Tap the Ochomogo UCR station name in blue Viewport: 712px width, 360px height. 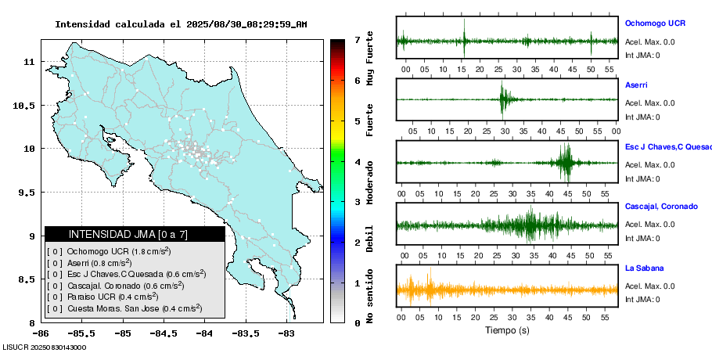pyautogui.click(x=655, y=23)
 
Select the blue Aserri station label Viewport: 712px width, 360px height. pyautogui.click(x=636, y=85)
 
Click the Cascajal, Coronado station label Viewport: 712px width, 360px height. pyautogui.click(x=661, y=207)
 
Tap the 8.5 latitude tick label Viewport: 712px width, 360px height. pyautogui.click(x=26, y=279)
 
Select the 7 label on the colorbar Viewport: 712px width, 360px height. pyautogui.click(x=357, y=39)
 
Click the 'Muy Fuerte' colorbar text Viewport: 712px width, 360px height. pyautogui.click(x=370, y=58)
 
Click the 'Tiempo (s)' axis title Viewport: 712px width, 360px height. pyautogui.click(x=507, y=331)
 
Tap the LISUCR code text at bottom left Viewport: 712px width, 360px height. pyautogui.click(x=45, y=347)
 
